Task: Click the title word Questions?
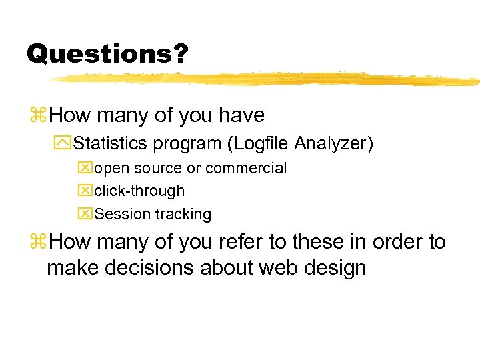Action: pyautogui.click(x=107, y=53)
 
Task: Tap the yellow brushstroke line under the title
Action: pyautogui.click(x=267, y=79)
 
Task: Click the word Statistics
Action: pyautogui.click(x=112, y=143)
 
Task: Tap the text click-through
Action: pyautogui.click(x=139, y=191)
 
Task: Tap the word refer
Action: pyautogui.click(x=204, y=241)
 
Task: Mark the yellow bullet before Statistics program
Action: pyautogui.click(x=64, y=143)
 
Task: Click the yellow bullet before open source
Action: pyautogui.click(x=86, y=168)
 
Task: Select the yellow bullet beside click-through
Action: pyautogui.click(x=86, y=191)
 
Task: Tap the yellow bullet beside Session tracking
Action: pyautogui.click(x=86, y=214)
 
